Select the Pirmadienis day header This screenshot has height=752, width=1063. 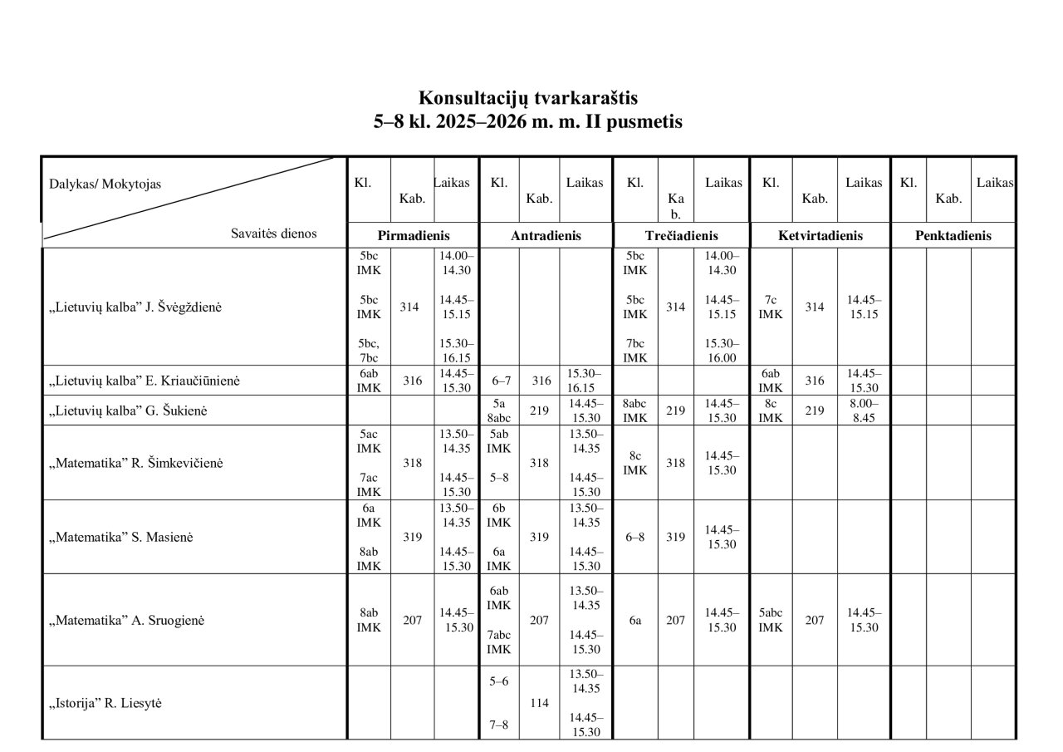414,236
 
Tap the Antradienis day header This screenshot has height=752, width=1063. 546,236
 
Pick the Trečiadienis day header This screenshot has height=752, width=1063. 681,236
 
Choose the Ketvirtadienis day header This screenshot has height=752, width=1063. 820,236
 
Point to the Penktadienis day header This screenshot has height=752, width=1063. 953,236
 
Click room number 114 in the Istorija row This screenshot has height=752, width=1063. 539,703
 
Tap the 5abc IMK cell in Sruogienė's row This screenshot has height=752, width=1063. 770,620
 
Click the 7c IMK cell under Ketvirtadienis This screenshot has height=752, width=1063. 770,307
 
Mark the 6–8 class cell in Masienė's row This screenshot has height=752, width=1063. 635,538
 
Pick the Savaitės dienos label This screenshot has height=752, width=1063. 273,233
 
